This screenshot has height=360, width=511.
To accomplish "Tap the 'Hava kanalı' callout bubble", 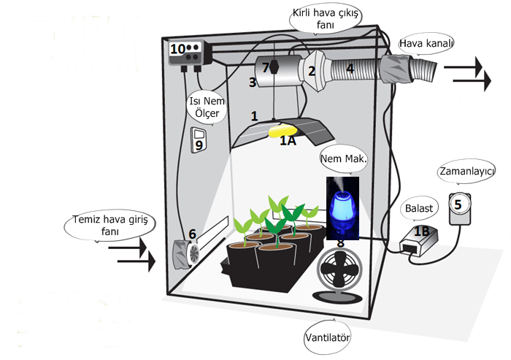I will (x=427, y=45).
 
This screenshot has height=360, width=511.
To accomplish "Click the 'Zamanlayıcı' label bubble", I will (x=466, y=171).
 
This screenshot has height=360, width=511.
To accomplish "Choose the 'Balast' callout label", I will (x=418, y=207).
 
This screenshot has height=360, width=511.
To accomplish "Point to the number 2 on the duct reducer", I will (x=311, y=71).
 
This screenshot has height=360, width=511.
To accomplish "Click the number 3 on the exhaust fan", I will (x=253, y=83).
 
